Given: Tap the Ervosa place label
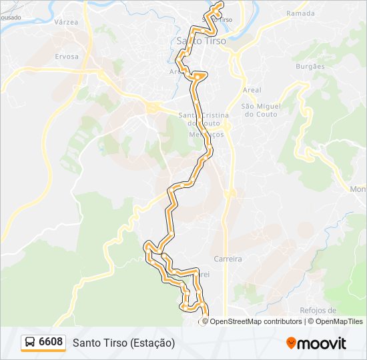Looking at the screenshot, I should [67, 57].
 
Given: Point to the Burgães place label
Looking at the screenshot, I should [310, 67].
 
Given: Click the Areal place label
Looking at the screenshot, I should [252, 90].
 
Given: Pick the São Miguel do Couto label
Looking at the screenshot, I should [261, 110].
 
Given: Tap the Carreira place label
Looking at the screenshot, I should [227, 258].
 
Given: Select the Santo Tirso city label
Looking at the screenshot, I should [201, 41].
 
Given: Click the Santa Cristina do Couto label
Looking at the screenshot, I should [204, 119].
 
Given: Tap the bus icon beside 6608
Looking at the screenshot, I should [30, 343].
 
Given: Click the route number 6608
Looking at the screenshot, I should [51, 342].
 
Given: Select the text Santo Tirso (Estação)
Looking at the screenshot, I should [123, 343].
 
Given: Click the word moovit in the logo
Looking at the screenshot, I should [322, 343].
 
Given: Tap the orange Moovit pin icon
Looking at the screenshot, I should [291, 343].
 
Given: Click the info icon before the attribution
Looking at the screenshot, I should [204, 321].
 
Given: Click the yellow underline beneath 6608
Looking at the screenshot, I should [43, 351].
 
